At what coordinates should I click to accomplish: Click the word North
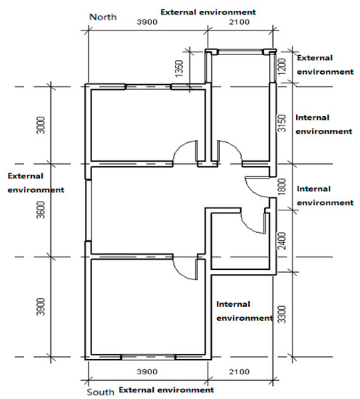click(x=103, y=17)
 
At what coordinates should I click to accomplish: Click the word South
click(x=101, y=392)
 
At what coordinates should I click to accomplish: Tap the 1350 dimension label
click(x=179, y=68)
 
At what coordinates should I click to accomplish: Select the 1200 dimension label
click(x=282, y=67)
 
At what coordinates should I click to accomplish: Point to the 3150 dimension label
click(x=282, y=123)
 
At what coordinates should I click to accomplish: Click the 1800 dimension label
click(x=282, y=186)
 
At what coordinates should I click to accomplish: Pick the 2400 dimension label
click(x=282, y=241)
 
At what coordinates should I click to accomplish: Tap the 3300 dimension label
click(x=282, y=314)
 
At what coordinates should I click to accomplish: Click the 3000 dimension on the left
click(x=41, y=126)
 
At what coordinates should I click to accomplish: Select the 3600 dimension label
click(x=41, y=210)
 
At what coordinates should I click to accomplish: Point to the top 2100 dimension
click(x=240, y=22)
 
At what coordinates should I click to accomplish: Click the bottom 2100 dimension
click(x=240, y=371)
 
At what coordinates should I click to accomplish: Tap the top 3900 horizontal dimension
click(x=147, y=22)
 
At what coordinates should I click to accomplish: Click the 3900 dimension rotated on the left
click(x=41, y=307)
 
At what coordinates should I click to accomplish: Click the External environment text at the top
click(x=208, y=12)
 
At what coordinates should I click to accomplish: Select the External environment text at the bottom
click(x=166, y=390)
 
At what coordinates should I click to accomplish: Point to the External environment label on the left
click(x=36, y=183)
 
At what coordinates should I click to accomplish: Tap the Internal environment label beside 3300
click(x=245, y=311)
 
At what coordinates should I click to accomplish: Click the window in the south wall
click(x=148, y=357)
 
